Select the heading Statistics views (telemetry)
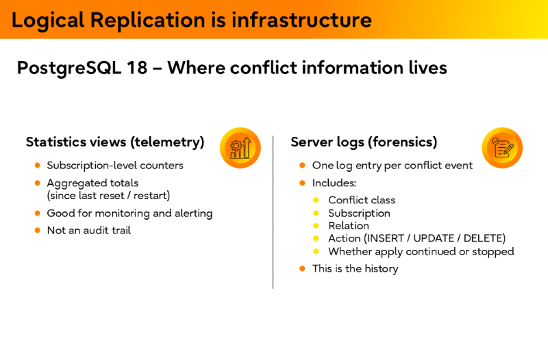(x=115, y=142)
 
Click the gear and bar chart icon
(x=240, y=147)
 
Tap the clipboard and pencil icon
(x=502, y=147)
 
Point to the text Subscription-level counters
(x=115, y=166)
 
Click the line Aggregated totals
(x=92, y=183)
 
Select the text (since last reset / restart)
(x=108, y=196)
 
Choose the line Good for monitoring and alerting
(x=129, y=214)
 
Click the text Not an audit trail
(x=88, y=231)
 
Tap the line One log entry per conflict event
(x=393, y=166)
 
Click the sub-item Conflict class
(x=362, y=201)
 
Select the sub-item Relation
(x=349, y=226)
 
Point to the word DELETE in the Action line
(x=484, y=238)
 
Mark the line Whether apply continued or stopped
(x=421, y=251)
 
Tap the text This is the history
(x=355, y=269)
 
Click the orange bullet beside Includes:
(x=302, y=183)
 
